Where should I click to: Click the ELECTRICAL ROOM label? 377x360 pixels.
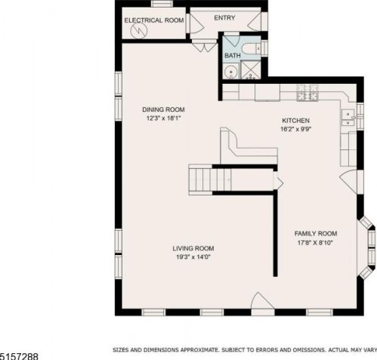pyautogui.click(x=154, y=20)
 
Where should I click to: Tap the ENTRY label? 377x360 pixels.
pyautogui.click(x=224, y=18)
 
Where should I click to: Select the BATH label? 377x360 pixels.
pyautogui.click(x=232, y=56)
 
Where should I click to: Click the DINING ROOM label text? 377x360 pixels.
pyautogui.click(x=163, y=109)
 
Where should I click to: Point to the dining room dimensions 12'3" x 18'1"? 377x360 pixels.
pyautogui.click(x=164, y=118)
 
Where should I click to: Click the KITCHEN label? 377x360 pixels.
pyautogui.click(x=295, y=121)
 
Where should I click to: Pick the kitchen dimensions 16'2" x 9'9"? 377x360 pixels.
pyautogui.click(x=296, y=129)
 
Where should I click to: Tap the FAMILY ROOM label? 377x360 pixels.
pyautogui.click(x=316, y=234)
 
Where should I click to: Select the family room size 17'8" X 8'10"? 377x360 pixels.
pyautogui.click(x=315, y=243)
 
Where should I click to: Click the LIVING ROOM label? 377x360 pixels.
pyautogui.click(x=193, y=248)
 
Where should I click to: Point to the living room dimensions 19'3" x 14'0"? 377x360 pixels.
pyautogui.click(x=193, y=257)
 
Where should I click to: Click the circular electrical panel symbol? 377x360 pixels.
pyautogui.click(x=139, y=31)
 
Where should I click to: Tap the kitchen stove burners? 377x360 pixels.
pyautogui.click(x=307, y=92)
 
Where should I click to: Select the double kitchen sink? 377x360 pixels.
pyautogui.click(x=348, y=117)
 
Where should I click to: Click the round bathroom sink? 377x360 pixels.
pyautogui.click(x=230, y=71)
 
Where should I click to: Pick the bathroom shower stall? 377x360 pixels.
pyautogui.click(x=251, y=69)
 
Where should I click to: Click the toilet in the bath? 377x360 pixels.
pyautogui.click(x=252, y=49)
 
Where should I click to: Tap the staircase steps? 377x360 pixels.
pyautogui.click(x=210, y=180)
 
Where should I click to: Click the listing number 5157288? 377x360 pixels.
pyautogui.click(x=20, y=356)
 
